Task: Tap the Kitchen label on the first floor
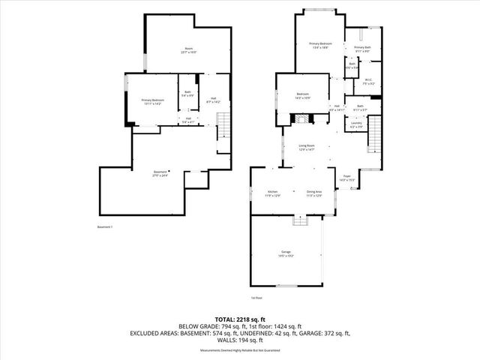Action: pyautogui.click(x=272, y=193)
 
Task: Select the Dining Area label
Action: pyautogui.click(x=313, y=193)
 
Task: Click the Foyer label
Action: pyautogui.click(x=346, y=178)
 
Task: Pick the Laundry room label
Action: pyautogui.click(x=357, y=126)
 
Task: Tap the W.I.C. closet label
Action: pyautogui.click(x=368, y=82)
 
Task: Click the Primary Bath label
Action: pyautogui.click(x=362, y=49)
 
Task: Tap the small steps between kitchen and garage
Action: pyautogui.click(x=301, y=219)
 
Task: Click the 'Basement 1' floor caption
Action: pyautogui.click(x=106, y=226)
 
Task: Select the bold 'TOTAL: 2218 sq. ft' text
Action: pyautogui.click(x=240, y=319)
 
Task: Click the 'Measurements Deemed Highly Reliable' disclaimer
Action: pyautogui.click(x=240, y=350)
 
